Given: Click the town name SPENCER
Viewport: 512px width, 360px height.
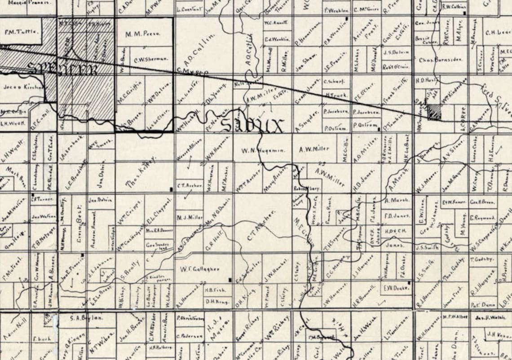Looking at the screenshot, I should (63, 70).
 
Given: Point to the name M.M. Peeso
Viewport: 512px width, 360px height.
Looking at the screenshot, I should (143, 34).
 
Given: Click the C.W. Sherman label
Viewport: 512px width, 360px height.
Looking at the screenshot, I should (150, 59).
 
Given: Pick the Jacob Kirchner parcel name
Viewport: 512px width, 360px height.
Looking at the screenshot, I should (23, 88).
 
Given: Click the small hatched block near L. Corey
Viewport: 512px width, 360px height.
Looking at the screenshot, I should (433, 111).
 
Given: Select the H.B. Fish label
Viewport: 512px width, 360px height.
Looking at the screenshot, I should (215, 290).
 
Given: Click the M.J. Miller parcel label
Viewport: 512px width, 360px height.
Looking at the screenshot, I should (190, 217).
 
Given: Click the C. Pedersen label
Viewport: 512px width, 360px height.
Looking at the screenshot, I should (190, 336).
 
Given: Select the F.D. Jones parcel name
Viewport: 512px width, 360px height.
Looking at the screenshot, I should (397, 216).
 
